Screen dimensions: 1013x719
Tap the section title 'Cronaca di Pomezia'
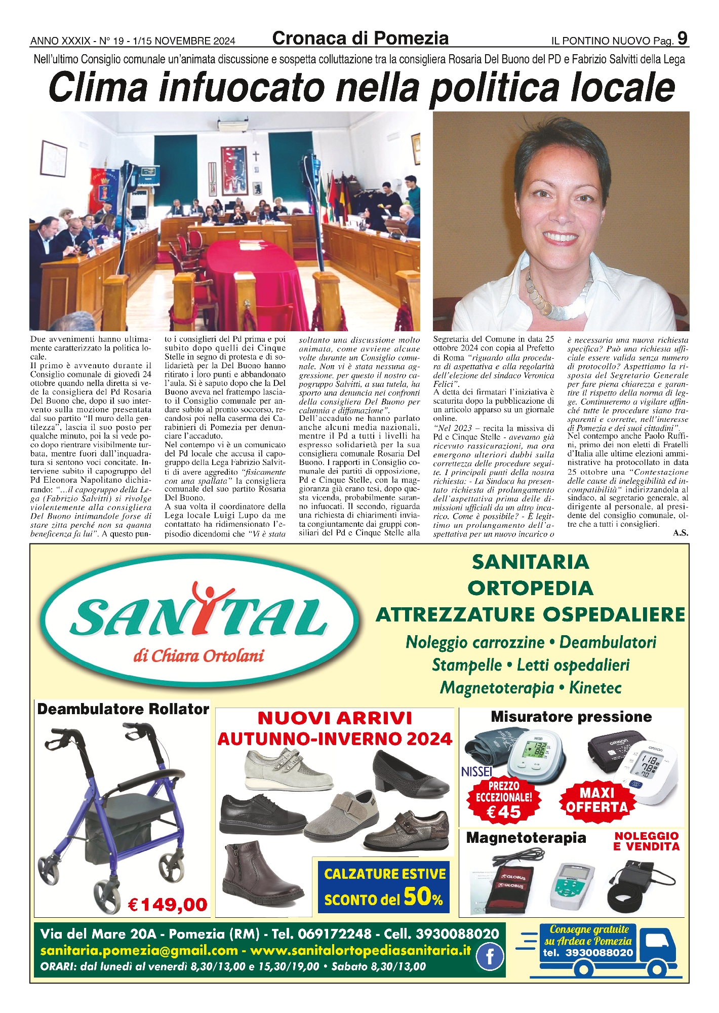coord(360,38)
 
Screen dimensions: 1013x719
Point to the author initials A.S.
coord(681,533)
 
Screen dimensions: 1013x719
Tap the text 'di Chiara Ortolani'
coord(198,656)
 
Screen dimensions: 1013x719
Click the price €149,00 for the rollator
coord(168,904)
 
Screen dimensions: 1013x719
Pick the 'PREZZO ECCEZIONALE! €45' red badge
coord(503,800)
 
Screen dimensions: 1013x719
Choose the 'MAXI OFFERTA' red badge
coord(596,800)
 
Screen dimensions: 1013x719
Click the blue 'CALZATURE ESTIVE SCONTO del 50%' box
coord(384,887)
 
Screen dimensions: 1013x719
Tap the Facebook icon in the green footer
coord(490,957)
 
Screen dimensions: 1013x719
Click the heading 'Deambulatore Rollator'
coord(123,709)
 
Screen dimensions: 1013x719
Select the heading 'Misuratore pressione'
coord(571,717)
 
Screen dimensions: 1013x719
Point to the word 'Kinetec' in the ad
coord(595,688)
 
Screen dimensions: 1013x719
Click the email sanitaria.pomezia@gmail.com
coord(139,951)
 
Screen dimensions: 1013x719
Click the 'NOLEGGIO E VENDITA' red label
coord(646,841)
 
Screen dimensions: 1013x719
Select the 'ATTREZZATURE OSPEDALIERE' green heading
coord(530,615)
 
